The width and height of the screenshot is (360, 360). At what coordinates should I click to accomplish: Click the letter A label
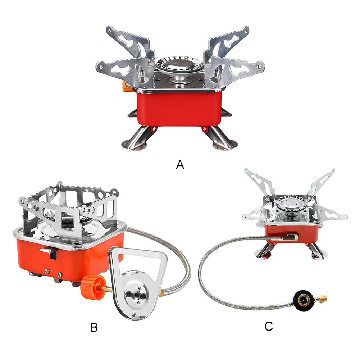point(180,165)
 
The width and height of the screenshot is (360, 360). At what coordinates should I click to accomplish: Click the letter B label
point(94,327)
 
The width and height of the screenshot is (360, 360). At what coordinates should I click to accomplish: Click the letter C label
point(269,326)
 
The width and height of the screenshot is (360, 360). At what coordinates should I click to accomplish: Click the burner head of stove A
point(178,67)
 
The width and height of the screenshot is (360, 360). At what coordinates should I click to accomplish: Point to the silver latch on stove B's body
point(46,249)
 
